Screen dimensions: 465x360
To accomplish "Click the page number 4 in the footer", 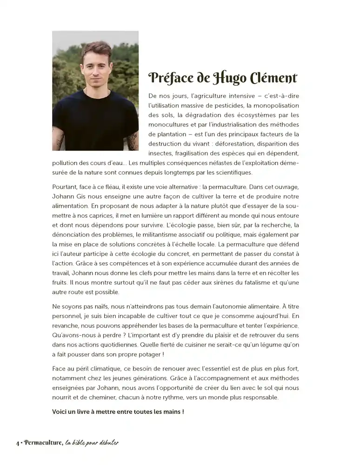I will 17,443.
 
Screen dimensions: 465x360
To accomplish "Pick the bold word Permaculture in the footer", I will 41,442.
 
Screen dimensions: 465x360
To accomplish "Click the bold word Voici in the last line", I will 60,412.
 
